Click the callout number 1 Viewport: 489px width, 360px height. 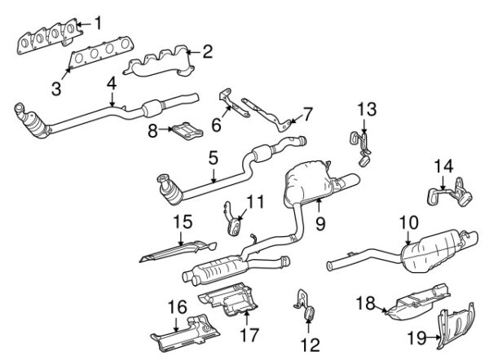99,22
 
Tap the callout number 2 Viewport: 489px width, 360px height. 207,53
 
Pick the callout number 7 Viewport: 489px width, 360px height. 307,112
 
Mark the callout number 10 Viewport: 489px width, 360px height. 408,222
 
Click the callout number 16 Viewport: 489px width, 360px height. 176,308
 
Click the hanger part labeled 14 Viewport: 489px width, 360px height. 447,195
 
